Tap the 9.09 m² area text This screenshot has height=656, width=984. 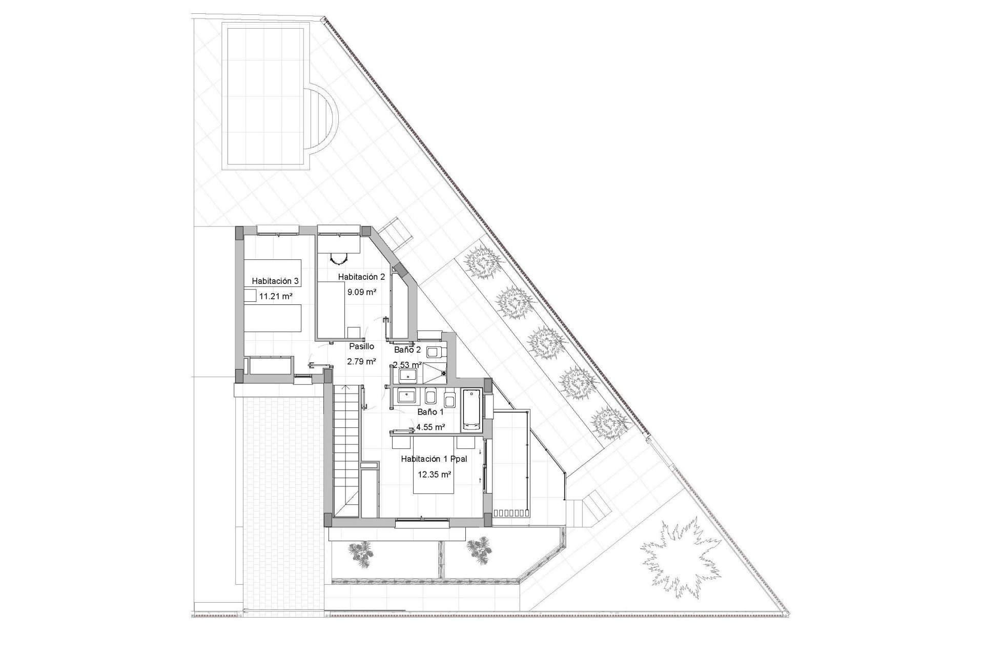point(362,292)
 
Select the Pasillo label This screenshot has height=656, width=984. point(362,346)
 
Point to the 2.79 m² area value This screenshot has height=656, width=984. point(362,361)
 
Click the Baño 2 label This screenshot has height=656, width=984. point(407,351)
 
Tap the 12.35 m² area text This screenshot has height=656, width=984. point(435,475)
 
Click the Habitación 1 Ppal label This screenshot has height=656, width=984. point(434,459)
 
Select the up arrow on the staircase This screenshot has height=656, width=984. point(346,389)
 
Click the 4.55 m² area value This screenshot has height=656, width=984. point(430,426)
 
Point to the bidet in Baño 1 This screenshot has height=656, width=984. point(431,398)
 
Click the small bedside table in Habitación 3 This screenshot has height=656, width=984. point(250,295)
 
